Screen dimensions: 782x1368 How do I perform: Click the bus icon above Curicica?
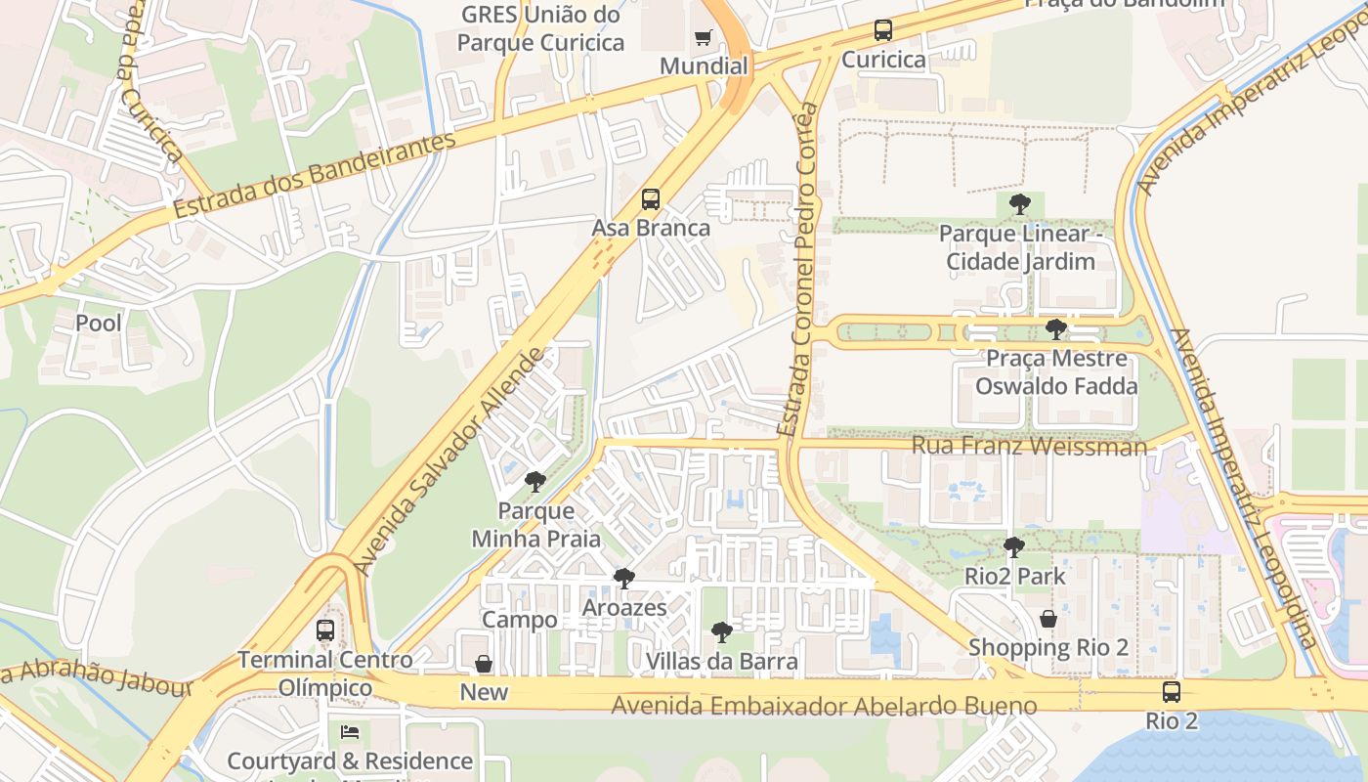[x=883, y=30]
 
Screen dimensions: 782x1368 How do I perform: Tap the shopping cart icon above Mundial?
[x=703, y=38]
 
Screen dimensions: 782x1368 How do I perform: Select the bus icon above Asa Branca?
[x=651, y=199]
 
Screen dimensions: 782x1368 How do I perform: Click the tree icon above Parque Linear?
[x=1019, y=204]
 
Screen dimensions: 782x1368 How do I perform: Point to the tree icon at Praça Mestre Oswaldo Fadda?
[x=1055, y=329]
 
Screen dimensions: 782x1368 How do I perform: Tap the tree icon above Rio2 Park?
[x=1014, y=547]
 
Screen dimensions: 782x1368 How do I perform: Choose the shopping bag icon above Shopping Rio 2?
[x=1048, y=619]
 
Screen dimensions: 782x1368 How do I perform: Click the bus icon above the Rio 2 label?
[x=1171, y=692]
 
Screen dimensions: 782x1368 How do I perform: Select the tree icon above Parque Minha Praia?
[x=534, y=482]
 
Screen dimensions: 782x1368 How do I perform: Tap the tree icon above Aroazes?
[x=624, y=579]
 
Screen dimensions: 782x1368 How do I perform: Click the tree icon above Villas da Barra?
[x=722, y=632]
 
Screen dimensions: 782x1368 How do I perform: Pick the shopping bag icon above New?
[x=484, y=664]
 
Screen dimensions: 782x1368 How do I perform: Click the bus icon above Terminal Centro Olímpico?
[x=325, y=630]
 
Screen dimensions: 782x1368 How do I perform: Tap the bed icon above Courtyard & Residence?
[x=350, y=732]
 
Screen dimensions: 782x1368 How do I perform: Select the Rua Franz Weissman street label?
[x=1029, y=447]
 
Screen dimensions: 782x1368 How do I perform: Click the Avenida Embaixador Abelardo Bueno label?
[x=824, y=706]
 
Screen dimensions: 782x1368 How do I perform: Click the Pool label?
[x=99, y=323]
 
